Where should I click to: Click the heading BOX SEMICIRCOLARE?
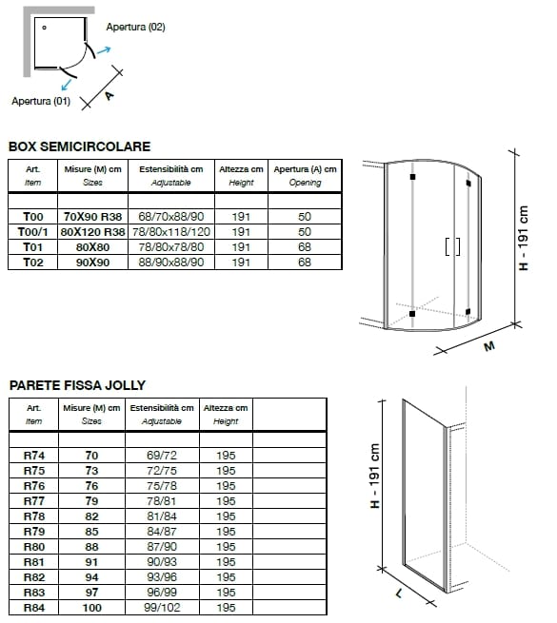point(80,146)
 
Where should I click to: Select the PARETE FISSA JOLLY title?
point(77,385)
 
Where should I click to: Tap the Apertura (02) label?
point(135,27)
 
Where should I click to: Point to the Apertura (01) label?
point(41,101)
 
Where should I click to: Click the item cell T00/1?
point(33,232)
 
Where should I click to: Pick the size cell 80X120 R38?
point(92,232)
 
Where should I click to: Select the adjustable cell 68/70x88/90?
point(171,217)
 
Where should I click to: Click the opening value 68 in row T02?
point(305,263)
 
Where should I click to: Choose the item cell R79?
point(34,532)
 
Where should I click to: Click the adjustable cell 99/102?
point(162,608)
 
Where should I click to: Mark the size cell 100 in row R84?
point(92,608)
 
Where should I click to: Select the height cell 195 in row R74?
point(226,456)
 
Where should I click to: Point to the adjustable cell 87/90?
point(162,547)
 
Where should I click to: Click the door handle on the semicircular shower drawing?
point(453,246)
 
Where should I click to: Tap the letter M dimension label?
point(489,346)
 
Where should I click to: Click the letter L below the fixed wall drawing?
point(399,594)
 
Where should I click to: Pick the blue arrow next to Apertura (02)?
point(104,50)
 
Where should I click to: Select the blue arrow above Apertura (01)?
point(67,85)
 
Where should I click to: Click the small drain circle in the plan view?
point(44,28)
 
